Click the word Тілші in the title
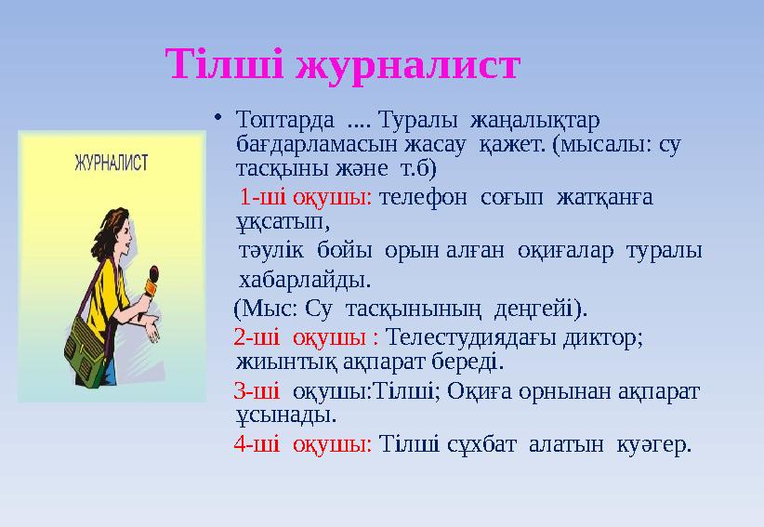[224, 64]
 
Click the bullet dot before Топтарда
[217, 116]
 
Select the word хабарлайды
[305, 280]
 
